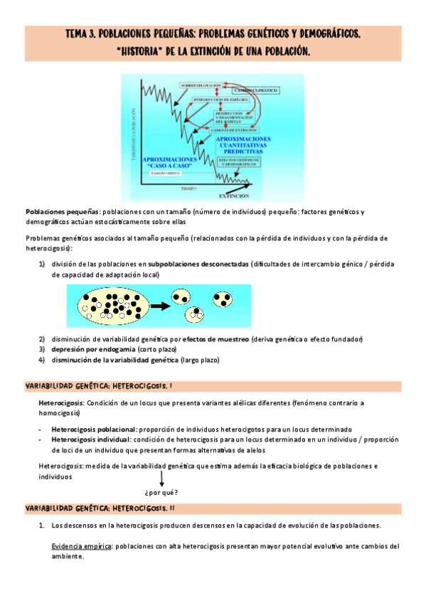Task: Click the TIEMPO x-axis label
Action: tap(188, 188)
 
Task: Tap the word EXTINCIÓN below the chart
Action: tap(234, 194)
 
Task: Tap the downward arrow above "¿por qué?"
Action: tap(161, 481)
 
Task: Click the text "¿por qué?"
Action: tap(161, 493)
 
